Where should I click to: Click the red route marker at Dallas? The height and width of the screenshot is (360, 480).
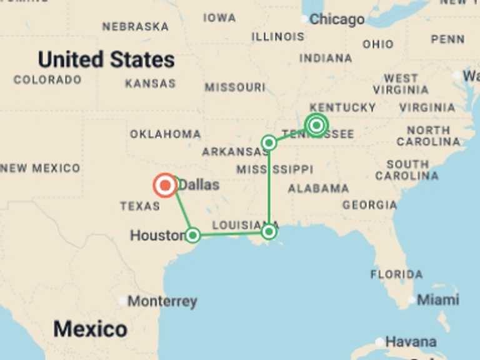(165, 186)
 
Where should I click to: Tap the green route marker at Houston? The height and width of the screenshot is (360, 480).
(193, 235)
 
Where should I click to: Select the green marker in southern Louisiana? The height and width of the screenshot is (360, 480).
(269, 232)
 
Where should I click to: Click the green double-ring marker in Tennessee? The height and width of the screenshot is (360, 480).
(316, 126)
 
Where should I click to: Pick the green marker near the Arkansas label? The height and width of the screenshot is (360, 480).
(269, 143)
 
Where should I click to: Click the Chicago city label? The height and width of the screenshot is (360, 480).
(336, 19)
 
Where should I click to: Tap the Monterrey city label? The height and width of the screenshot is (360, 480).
(162, 302)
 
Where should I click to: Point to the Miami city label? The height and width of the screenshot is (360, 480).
(437, 300)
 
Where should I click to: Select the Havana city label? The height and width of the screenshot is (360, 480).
(411, 342)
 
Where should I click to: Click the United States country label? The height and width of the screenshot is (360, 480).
(106, 60)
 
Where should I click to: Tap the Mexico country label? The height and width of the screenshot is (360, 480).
(90, 329)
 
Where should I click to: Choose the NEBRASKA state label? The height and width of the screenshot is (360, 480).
(135, 27)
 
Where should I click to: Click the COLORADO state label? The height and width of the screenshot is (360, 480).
(47, 80)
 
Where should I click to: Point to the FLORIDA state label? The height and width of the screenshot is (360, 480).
(396, 274)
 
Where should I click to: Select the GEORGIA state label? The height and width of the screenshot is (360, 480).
(369, 205)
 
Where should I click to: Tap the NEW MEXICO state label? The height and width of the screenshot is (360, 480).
(40, 168)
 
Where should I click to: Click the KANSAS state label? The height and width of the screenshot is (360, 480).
(150, 83)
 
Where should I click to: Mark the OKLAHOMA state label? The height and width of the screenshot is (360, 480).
(166, 134)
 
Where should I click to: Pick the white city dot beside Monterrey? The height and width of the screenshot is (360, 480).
(122, 301)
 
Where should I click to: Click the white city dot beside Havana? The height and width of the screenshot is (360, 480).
(379, 342)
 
